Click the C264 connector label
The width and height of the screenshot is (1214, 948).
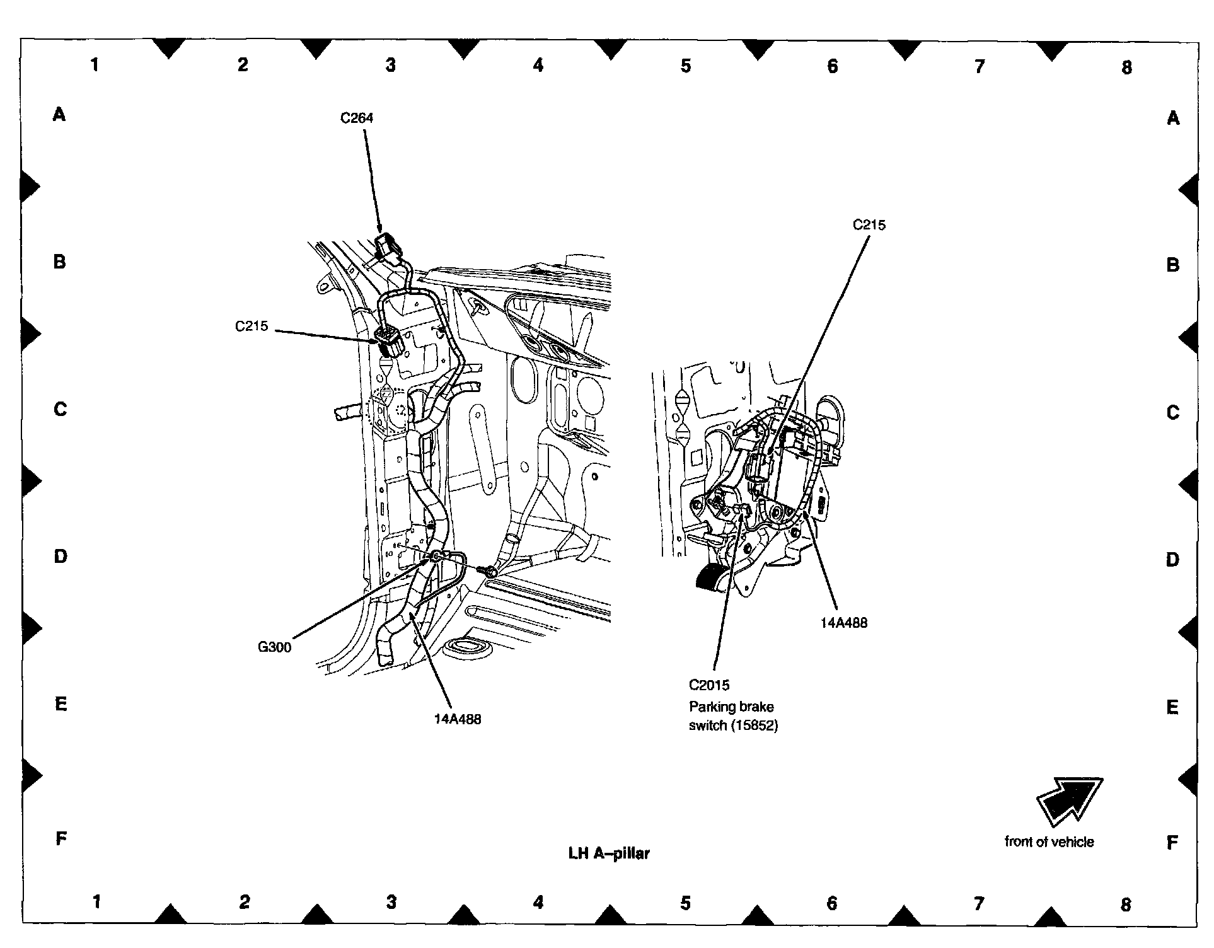357,118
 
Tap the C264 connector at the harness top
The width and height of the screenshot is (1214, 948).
387,246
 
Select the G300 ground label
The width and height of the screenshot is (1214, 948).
275,647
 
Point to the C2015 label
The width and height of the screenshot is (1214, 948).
709,685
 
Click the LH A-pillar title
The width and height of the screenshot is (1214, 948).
609,853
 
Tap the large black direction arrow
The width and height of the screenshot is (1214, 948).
1069,801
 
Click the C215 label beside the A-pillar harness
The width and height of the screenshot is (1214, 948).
251,326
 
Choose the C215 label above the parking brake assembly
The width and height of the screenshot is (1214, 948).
869,225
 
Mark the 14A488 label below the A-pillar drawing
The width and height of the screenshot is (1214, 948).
458,719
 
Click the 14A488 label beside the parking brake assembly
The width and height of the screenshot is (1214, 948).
843,623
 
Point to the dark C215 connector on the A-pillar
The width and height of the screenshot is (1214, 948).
389,342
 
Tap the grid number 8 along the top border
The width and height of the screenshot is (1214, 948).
1127,67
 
